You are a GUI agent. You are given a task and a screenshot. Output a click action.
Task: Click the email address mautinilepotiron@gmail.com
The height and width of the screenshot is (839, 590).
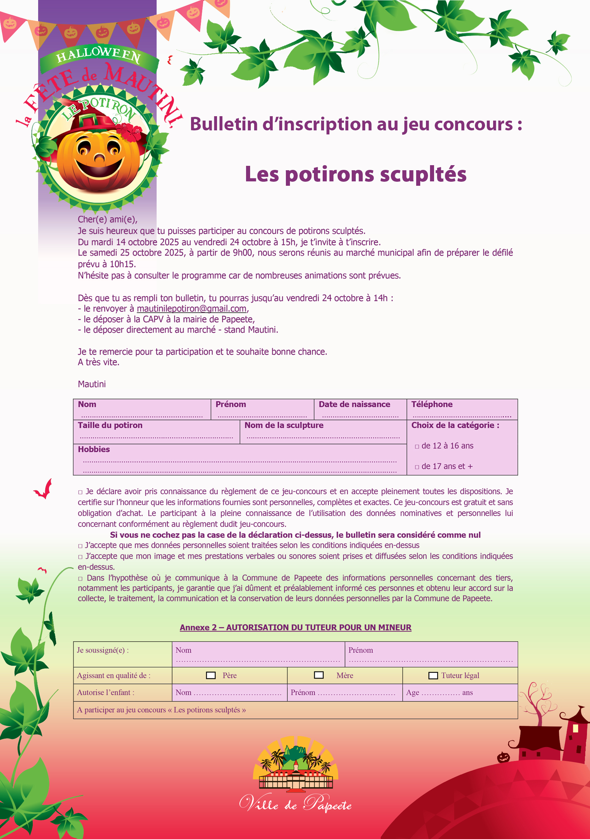point(192,309)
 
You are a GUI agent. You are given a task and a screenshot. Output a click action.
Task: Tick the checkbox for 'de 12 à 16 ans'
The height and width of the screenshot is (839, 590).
point(417,447)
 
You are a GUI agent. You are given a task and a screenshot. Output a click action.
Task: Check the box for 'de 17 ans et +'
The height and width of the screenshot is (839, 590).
point(417,467)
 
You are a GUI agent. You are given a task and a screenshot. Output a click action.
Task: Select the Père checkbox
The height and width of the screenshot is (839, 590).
point(211,675)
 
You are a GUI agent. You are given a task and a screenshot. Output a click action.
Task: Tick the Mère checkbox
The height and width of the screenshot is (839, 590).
point(319,675)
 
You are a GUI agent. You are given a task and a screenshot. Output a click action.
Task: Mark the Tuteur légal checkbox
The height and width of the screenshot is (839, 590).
point(433,675)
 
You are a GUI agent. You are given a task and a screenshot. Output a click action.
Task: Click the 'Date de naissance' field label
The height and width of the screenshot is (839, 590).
point(354,405)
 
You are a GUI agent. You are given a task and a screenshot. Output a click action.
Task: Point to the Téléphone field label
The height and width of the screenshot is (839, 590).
point(432,405)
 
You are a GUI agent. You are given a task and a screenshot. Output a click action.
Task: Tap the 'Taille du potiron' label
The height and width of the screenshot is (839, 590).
point(110,425)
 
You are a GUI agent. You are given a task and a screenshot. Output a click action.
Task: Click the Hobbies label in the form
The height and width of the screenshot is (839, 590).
point(94,450)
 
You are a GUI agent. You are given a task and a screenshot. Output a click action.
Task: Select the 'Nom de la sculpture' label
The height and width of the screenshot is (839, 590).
point(284,425)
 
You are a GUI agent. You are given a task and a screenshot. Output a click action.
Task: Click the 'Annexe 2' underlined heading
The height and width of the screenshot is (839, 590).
point(295,628)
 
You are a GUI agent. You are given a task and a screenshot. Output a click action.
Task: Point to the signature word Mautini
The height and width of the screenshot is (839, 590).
point(92,384)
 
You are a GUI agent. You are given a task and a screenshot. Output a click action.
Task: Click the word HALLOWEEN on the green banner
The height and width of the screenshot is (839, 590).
point(98,54)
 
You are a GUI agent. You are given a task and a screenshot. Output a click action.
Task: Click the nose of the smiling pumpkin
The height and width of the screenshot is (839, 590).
point(99,158)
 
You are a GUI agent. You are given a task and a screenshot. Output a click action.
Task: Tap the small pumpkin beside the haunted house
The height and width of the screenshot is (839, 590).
point(503,757)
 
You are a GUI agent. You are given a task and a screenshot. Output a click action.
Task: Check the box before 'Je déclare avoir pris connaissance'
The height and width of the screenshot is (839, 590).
point(80,492)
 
